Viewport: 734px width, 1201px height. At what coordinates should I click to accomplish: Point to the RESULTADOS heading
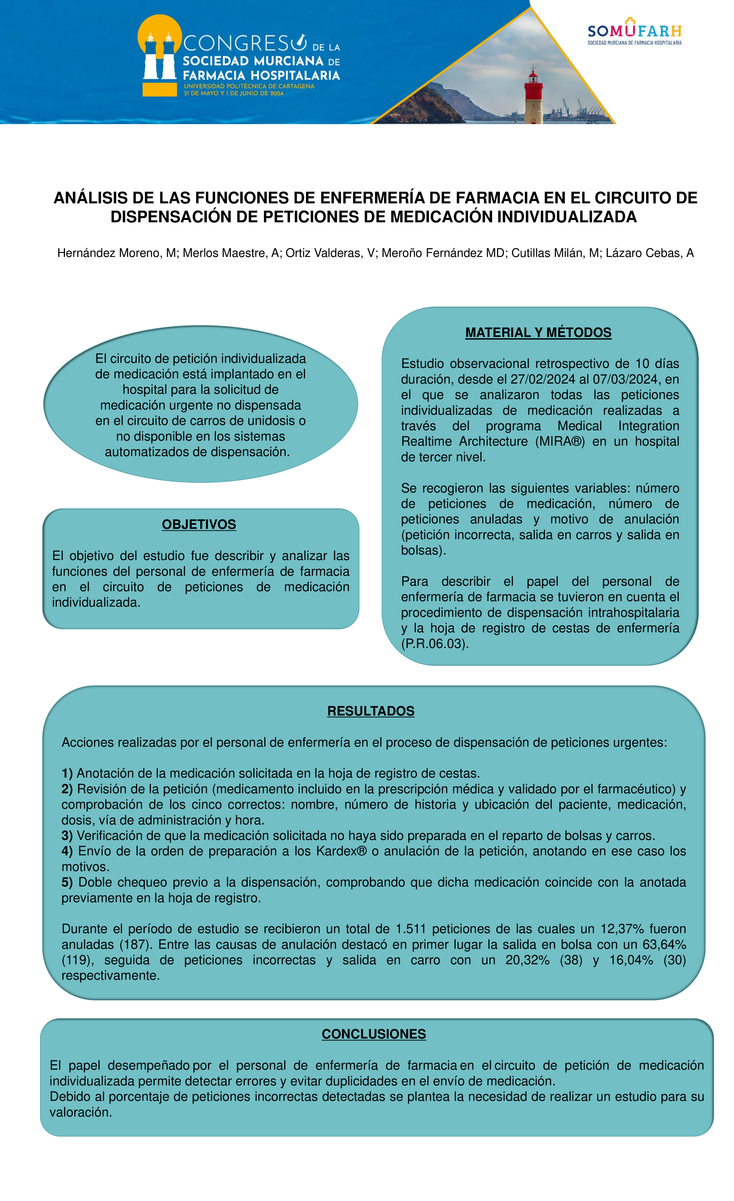click(x=371, y=711)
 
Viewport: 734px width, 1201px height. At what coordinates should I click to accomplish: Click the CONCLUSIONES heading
click(x=373, y=1034)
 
